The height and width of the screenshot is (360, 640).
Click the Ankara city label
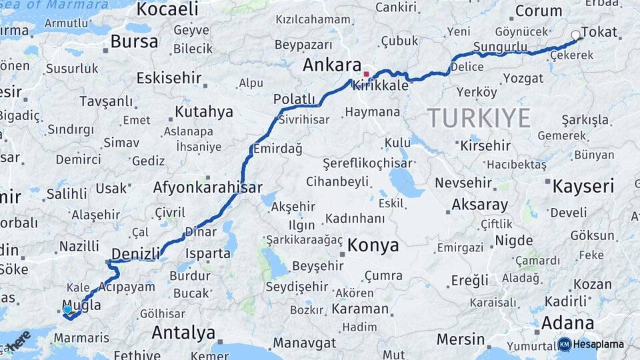pos(331,65)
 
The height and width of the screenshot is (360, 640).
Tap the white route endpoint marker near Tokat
pos(576,35)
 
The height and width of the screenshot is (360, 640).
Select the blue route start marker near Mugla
pos(67,309)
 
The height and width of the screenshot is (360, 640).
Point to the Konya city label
pos(373,245)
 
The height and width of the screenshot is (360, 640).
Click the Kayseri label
pos(583,186)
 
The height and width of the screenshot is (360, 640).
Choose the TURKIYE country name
pos(479,118)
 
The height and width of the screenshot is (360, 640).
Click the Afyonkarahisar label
pos(207,187)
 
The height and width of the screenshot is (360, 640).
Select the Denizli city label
pos(135,253)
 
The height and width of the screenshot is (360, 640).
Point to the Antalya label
pos(183,332)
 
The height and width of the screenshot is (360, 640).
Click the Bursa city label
pos(135,41)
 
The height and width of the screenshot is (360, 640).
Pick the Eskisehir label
pos(169,78)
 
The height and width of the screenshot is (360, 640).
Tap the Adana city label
pos(567,323)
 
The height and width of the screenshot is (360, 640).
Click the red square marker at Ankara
pos(366,73)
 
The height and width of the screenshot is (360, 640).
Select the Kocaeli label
pos(167,9)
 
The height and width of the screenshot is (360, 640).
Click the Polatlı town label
pos(294,99)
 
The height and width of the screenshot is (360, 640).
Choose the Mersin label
pos(460,339)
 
